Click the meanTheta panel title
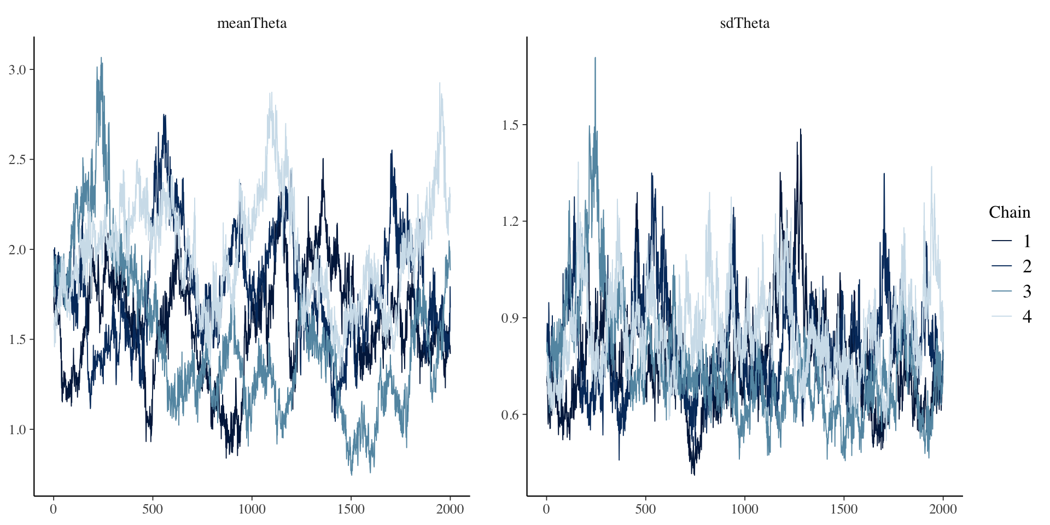pos(252,23)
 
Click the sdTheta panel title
pos(744,23)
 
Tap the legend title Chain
pos(1009,212)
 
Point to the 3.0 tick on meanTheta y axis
pos(17,69)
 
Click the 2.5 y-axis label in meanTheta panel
pos(17,160)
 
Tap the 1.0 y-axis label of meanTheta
pos(17,429)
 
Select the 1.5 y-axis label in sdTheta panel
pos(510,125)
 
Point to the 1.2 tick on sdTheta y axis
pos(510,221)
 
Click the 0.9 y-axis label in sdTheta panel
pos(510,318)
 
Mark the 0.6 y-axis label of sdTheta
pos(510,415)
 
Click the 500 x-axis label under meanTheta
pos(153,509)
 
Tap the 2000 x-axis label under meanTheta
pos(450,509)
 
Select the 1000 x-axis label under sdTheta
pos(744,509)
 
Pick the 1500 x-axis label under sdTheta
pos(844,509)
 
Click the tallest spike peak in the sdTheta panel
pos(595,57)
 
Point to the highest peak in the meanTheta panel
pos(101,57)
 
